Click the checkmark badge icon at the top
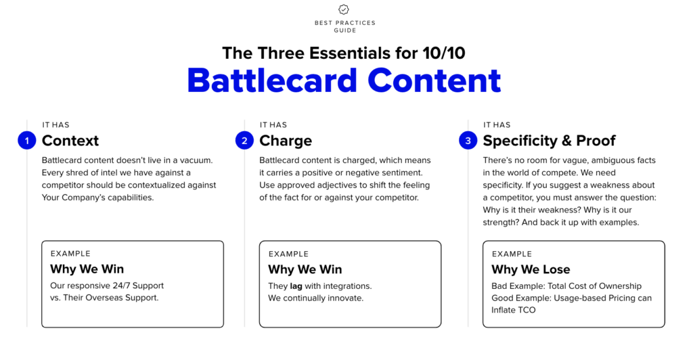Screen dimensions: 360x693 (344, 9)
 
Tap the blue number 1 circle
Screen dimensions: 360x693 (26, 141)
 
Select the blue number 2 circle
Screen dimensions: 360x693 (244, 141)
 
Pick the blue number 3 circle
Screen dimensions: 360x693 (468, 141)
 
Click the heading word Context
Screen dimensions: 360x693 (70, 141)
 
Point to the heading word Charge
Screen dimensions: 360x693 (286, 141)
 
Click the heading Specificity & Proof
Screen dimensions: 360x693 (549, 141)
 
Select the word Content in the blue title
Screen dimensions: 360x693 (434, 80)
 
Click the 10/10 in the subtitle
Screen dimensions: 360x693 (441, 53)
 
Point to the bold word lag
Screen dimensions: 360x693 (296, 286)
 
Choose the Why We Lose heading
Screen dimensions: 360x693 (531, 269)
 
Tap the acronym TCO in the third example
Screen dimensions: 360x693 (526, 310)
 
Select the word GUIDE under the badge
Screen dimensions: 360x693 (344, 30)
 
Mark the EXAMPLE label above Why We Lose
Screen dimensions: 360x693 (512, 254)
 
